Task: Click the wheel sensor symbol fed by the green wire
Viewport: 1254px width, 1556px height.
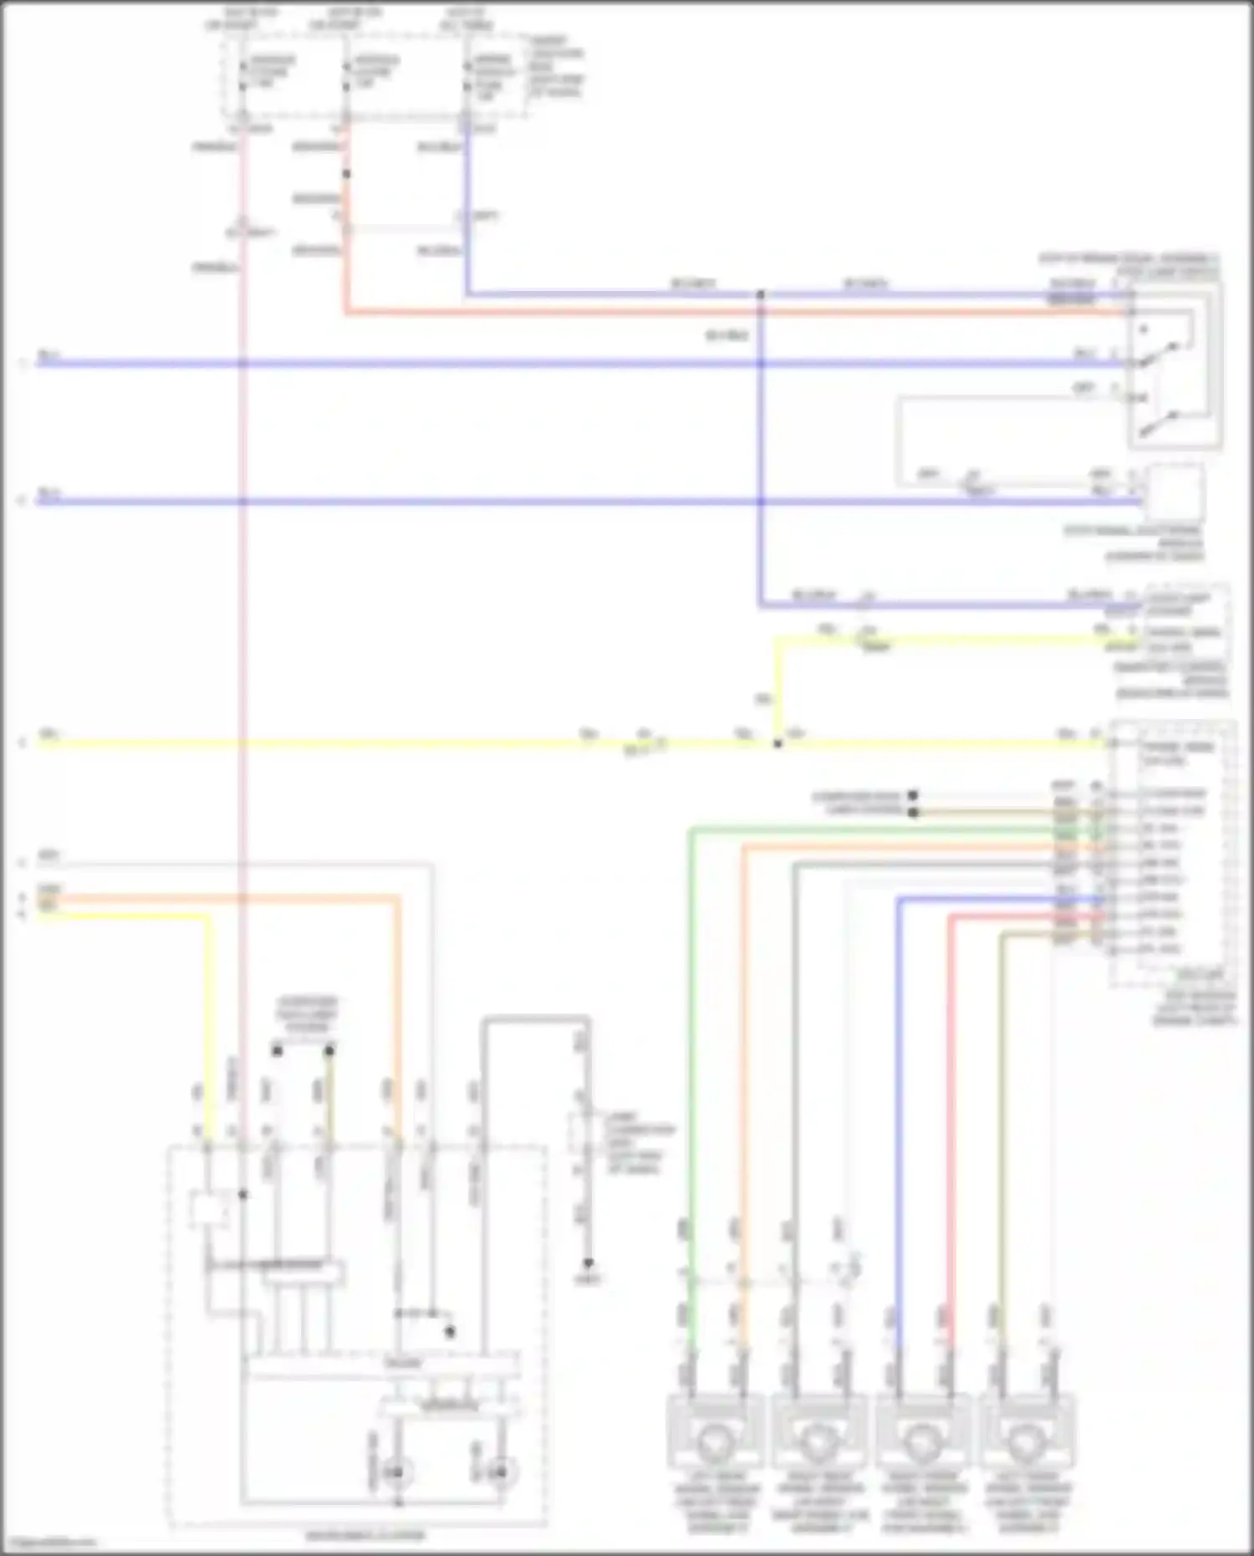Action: (x=715, y=1442)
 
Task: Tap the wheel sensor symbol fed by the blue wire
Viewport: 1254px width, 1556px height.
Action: (x=922, y=1442)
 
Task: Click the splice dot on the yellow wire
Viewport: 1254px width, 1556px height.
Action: (x=777, y=743)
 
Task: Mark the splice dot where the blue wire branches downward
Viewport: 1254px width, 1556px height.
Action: (x=761, y=294)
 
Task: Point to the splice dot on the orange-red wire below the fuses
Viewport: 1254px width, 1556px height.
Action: (x=346, y=174)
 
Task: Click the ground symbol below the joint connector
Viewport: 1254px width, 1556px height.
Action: (x=588, y=1263)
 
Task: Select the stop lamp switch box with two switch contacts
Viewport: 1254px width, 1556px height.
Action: (x=1175, y=365)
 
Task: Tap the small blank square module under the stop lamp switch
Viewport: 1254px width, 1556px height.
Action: (x=1174, y=493)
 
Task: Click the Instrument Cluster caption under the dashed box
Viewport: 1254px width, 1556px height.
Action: (x=364, y=1535)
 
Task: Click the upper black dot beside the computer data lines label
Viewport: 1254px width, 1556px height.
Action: (x=913, y=795)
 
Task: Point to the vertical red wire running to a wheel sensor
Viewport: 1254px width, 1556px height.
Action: (x=951, y=1087)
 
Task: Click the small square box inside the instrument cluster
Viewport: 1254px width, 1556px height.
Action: (x=208, y=1211)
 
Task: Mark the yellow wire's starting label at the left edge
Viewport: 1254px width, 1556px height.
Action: (x=48, y=735)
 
